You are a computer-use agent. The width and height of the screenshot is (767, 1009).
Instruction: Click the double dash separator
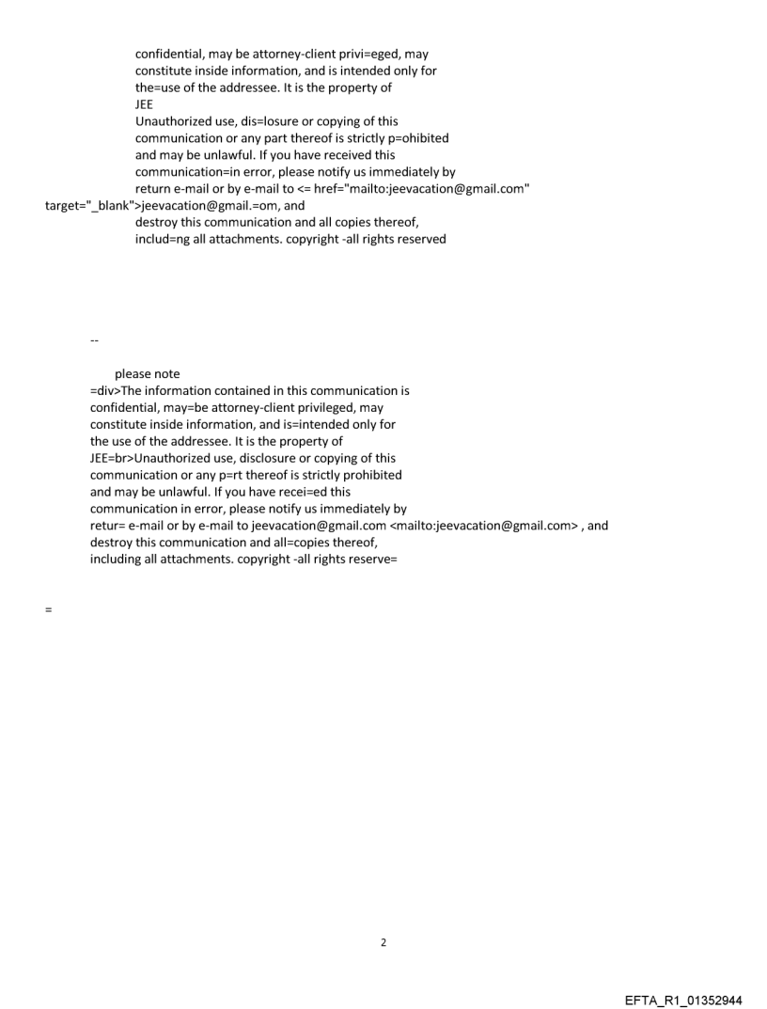[x=94, y=339]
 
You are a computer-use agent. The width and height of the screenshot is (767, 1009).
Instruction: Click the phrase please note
[x=148, y=373]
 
